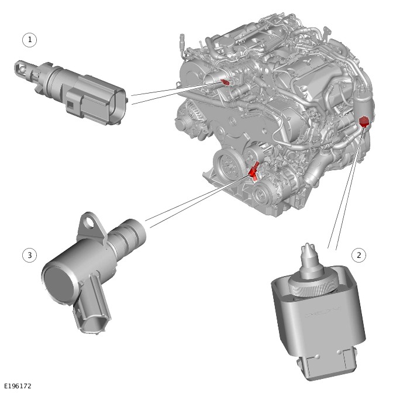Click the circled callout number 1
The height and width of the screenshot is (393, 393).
click(30, 40)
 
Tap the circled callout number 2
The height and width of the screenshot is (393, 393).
click(358, 255)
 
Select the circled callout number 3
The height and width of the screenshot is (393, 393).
click(30, 255)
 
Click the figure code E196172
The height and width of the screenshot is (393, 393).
click(18, 386)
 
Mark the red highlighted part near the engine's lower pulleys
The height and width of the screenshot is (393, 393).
click(254, 171)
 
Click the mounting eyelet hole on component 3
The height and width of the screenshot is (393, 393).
click(88, 222)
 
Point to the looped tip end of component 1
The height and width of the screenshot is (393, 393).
click(20, 68)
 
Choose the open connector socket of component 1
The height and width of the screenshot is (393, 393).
click(117, 106)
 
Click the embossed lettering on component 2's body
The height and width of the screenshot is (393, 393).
click(323, 312)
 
